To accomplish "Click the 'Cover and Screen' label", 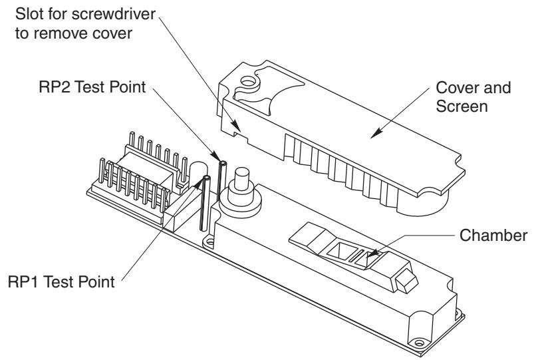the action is pos(473,96).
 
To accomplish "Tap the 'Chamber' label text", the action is pos(493,236).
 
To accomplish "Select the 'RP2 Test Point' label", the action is pos(92,87).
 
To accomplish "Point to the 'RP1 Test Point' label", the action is pos(61,282).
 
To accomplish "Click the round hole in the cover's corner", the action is pos(248,81).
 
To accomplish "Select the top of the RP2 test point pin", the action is pos(223,163).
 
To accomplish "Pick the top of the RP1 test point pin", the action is pos(206,178).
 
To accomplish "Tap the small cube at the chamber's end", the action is pos(406,281).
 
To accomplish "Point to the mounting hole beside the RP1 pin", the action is pos(209,243).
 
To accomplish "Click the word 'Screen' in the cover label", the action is pos(462,106).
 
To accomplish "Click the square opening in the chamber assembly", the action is pos(339,250).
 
